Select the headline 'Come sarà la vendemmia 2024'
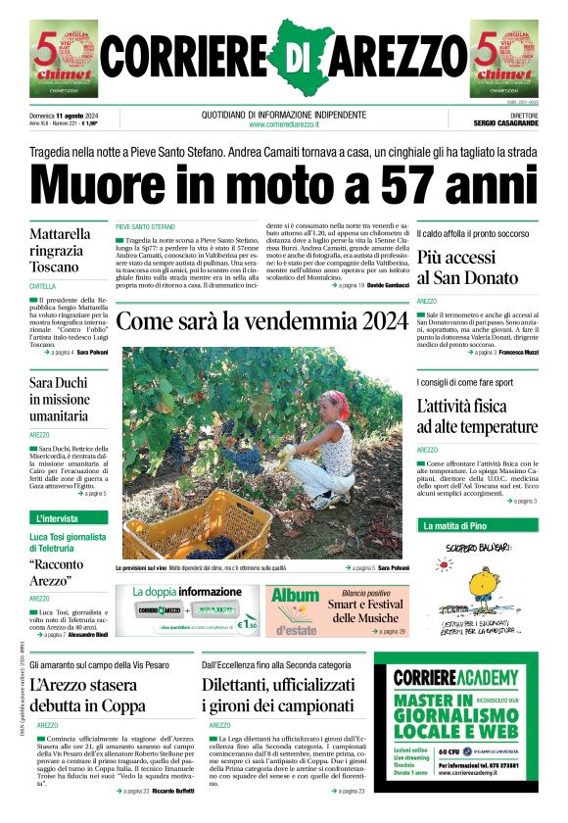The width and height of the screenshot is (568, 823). [261, 322]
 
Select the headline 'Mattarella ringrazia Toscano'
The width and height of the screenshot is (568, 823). [61, 251]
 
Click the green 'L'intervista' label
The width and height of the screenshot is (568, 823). [58, 518]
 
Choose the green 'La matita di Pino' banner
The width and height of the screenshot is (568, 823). [452, 526]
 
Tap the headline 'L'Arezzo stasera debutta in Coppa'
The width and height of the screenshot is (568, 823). [87, 695]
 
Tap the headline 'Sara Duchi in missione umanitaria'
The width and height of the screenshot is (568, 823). [61, 400]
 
